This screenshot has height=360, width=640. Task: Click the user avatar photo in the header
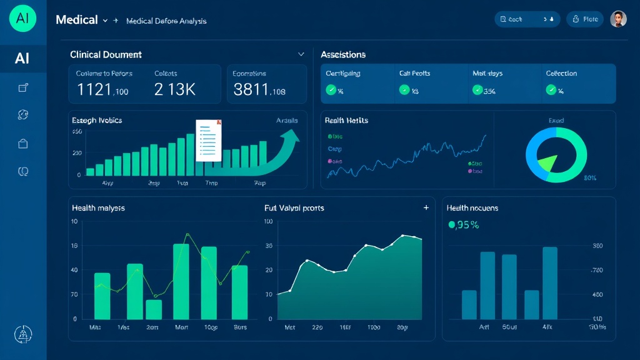click(x=618, y=19)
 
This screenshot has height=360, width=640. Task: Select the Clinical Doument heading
click(x=106, y=54)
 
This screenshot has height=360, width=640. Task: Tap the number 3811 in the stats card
click(x=251, y=90)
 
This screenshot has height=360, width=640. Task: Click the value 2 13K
click(x=174, y=90)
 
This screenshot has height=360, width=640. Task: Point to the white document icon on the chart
click(x=209, y=141)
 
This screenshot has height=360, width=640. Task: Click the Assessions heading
click(x=343, y=54)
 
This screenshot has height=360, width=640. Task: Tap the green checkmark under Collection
click(x=551, y=90)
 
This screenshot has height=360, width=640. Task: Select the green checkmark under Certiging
click(x=331, y=90)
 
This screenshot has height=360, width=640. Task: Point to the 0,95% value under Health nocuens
click(x=464, y=225)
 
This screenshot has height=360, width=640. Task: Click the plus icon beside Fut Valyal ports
click(x=426, y=207)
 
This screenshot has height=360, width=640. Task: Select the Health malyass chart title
click(x=98, y=207)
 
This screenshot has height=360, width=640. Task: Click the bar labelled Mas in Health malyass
click(x=102, y=296)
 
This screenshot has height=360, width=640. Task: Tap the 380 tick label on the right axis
click(x=597, y=246)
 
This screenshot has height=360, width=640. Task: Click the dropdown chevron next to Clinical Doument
click(x=301, y=54)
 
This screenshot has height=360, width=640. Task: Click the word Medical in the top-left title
click(x=77, y=19)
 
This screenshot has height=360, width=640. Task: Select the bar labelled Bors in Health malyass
click(x=240, y=292)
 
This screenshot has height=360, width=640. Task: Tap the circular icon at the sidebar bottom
click(x=23, y=335)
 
